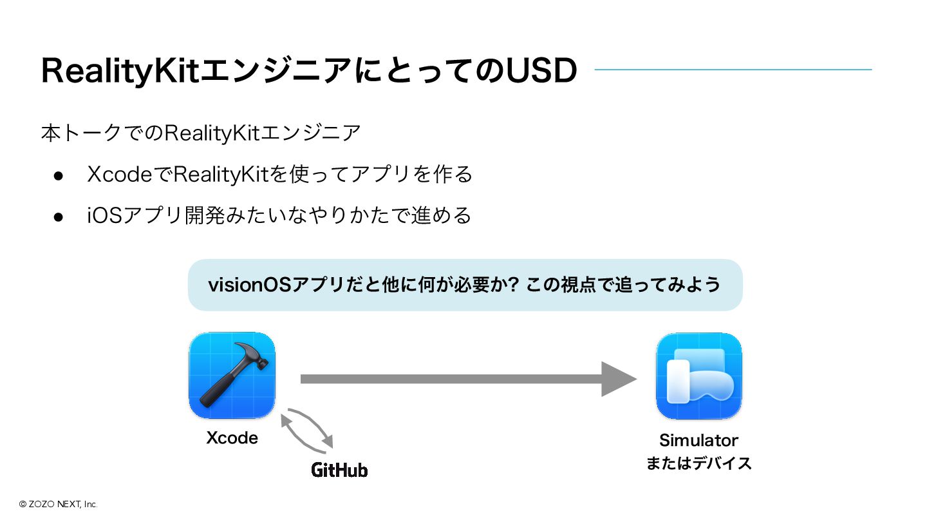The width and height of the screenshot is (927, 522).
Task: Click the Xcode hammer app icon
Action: (232, 375)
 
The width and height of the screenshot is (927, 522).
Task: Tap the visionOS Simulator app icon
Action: (698, 375)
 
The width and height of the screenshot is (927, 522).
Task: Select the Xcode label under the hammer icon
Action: (232, 438)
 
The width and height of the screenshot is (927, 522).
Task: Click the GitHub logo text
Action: (339, 470)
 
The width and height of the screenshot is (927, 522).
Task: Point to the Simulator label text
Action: (698, 440)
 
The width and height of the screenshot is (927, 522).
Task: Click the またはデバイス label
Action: (698, 463)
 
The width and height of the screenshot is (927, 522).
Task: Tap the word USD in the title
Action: (541, 71)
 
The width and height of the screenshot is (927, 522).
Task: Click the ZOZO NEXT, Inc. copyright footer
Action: (58, 505)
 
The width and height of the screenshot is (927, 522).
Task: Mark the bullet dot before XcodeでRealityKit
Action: (57, 175)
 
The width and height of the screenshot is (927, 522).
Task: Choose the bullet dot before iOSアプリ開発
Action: (57, 216)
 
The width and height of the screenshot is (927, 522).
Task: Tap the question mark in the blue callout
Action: (513, 285)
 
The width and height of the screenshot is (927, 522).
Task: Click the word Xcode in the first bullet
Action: (118, 175)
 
